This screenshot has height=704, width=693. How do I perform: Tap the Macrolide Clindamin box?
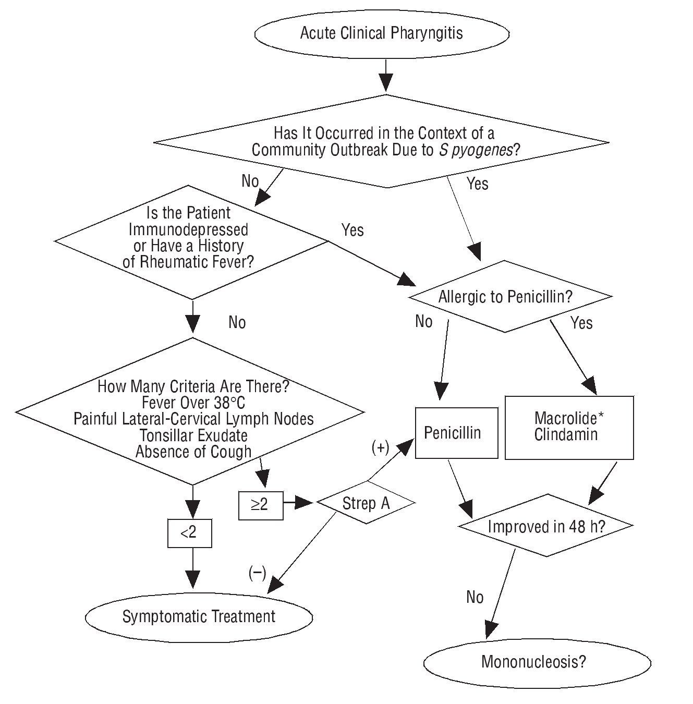[569, 428]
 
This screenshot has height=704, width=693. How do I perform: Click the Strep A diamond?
[366, 503]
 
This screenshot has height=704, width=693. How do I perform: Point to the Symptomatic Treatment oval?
[199, 617]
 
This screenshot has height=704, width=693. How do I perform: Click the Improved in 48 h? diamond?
[546, 526]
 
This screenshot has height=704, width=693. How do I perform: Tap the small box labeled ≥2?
[261, 505]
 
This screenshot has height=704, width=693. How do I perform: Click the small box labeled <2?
[189, 532]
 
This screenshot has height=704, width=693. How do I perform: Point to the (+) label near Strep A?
[380, 447]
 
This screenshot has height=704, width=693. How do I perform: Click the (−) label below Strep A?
[257, 574]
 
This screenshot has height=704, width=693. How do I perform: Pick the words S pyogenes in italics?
[475, 150]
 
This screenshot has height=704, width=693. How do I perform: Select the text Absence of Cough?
[193, 452]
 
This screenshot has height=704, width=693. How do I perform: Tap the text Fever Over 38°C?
[193, 403]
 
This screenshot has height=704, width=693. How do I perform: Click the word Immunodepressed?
[188, 229]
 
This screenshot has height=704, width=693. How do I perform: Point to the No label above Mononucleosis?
[475, 597]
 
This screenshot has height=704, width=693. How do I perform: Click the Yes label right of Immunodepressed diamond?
[352, 230]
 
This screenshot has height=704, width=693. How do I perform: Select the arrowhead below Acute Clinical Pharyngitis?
[385, 82]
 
